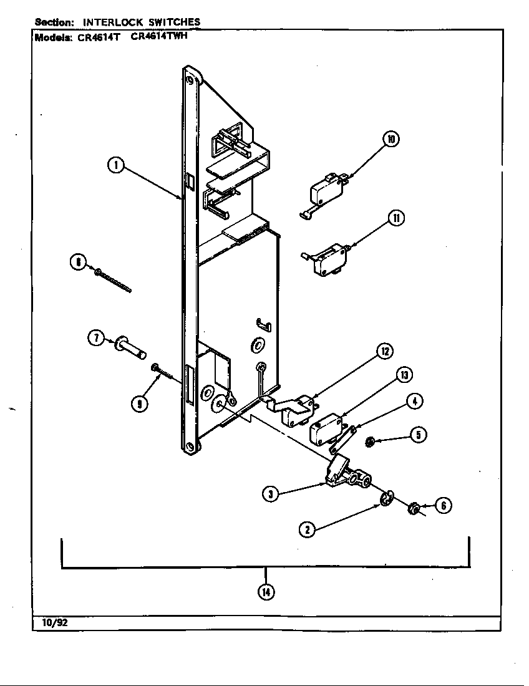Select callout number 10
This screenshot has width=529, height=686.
(x=391, y=139)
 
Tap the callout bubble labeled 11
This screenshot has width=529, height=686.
(x=396, y=218)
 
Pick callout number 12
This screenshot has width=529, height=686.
(x=385, y=352)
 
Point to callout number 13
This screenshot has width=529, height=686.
(x=404, y=375)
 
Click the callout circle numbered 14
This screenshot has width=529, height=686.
(x=266, y=592)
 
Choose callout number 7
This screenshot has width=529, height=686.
(x=95, y=339)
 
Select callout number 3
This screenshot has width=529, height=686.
(x=270, y=494)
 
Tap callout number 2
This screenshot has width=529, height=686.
(x=306, y=529)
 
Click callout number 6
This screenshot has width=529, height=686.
(x=443, y=506)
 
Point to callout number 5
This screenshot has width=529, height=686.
(x=418, y=435)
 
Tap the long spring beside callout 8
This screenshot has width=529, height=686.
(x=114, y=280)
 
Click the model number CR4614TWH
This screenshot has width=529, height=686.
(x=159, y=36)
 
